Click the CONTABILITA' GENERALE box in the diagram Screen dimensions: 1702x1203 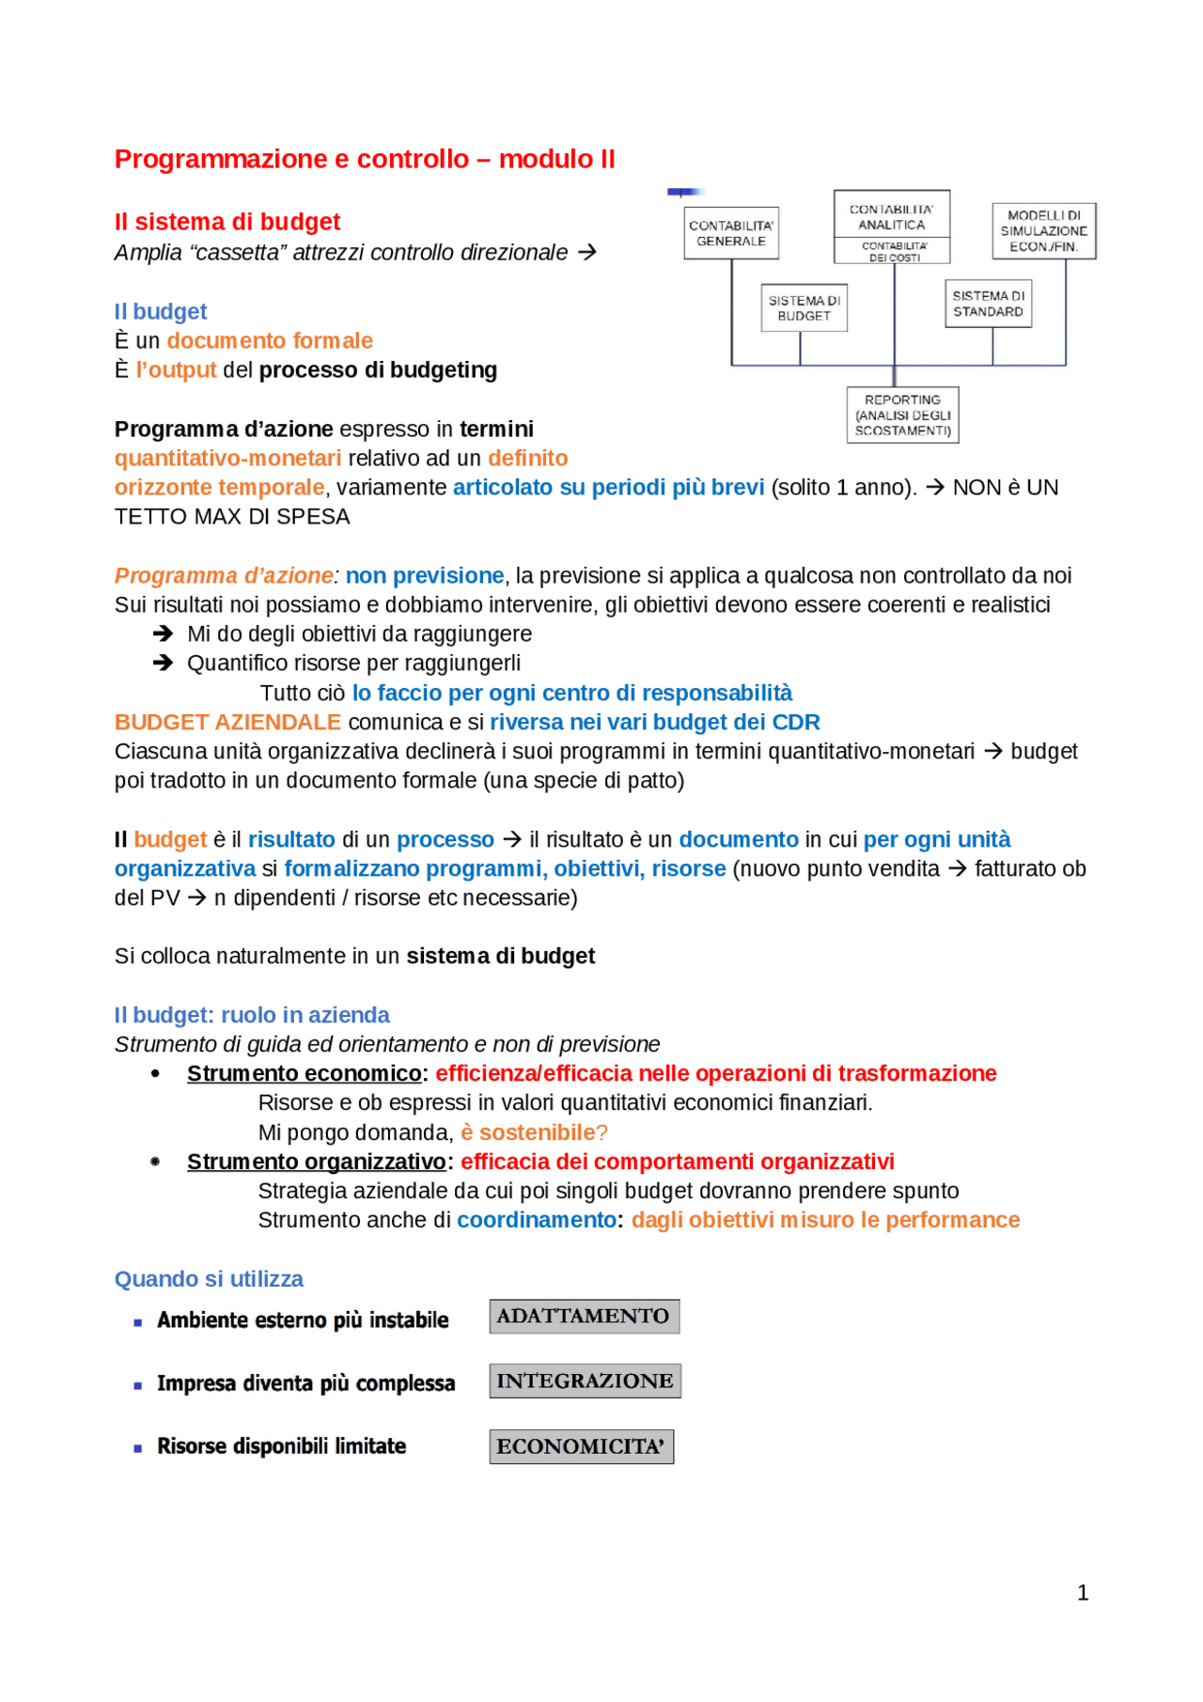pos(731,233)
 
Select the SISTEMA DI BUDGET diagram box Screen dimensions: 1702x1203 pos(804,308)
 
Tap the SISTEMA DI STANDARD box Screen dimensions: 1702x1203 pos(988,304)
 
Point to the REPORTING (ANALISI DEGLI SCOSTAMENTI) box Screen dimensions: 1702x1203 pos(902,414)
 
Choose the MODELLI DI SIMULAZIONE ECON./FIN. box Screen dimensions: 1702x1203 pos(1043,231)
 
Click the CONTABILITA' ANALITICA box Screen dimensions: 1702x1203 pos(891,217)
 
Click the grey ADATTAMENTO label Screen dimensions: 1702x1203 pos(584,1316)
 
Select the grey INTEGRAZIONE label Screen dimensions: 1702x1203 pos(585,1381)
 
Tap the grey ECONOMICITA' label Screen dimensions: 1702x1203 pos(581,1446)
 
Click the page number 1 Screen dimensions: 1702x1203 pos(1083,1592)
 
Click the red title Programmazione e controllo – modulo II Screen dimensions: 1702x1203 pos(365,159)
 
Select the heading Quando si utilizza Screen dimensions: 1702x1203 pos(209,1279)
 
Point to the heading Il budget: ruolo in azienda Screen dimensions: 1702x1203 pos(252,1015)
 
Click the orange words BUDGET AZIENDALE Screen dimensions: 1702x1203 pos(227,722)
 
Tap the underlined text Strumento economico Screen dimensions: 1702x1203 pos(304,1073)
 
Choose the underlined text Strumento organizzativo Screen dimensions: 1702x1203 pos(316,1162)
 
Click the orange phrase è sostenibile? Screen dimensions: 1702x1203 pos(534,1132)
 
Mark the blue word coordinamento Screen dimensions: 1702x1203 pos(537,1220)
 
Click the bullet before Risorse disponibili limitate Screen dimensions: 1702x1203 pos(138,1448)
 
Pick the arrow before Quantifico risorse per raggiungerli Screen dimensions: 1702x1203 pos(163,663)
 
